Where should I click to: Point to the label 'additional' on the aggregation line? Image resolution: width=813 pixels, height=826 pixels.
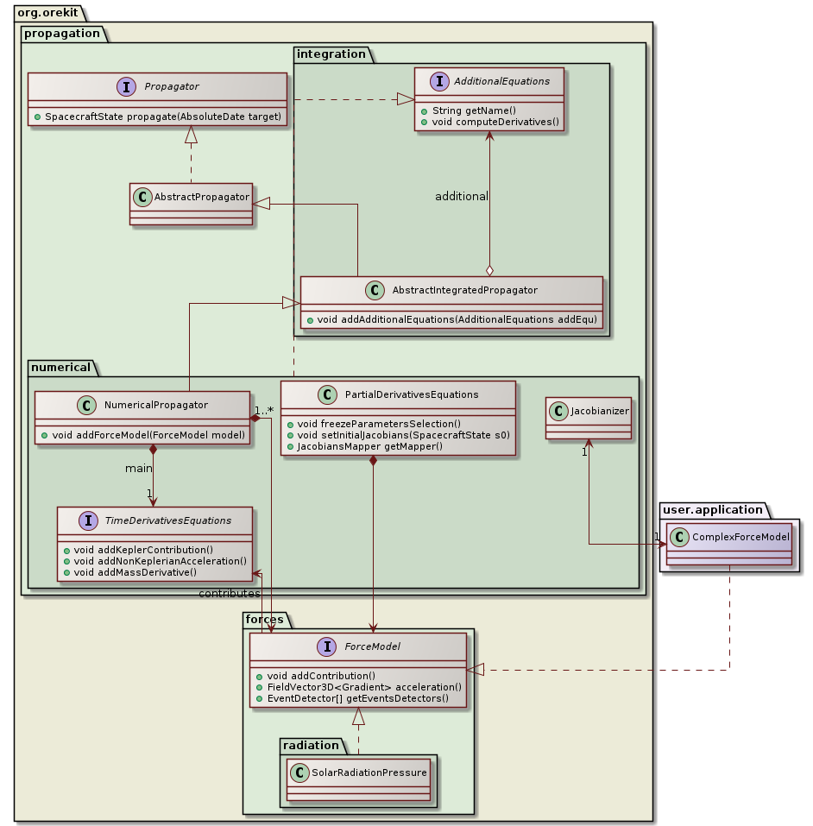pos(462,196)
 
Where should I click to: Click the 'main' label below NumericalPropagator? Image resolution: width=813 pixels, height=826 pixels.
pos(138,468)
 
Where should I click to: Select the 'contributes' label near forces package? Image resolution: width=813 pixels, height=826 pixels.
pos(229,594)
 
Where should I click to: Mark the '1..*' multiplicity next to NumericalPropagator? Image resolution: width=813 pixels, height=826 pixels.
pos(264,410)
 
